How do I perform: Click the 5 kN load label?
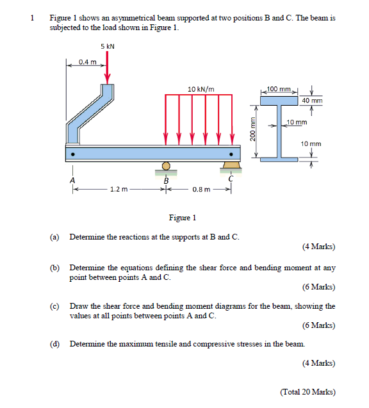[108, 46]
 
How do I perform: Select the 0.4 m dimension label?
[87, 62]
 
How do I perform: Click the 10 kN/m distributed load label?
[201, 88]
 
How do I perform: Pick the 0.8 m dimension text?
[201, 189]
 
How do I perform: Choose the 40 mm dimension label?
[312, 101]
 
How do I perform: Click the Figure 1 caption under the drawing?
[182, 218]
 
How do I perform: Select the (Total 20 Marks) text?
[307, 392]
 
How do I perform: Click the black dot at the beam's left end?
[74, 154]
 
